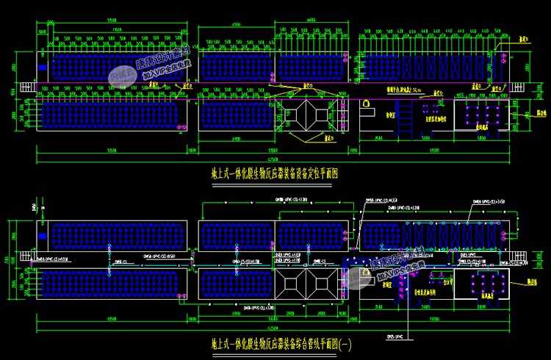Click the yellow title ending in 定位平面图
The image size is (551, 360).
(274, 174)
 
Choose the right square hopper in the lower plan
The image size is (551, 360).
(323, 283)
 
